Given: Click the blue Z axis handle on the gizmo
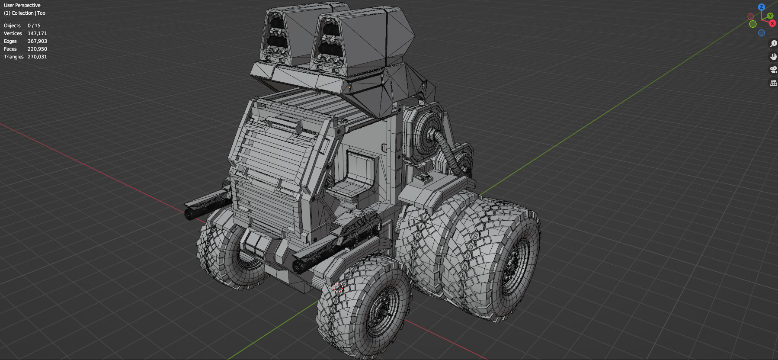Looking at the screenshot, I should click(x=762, y=7).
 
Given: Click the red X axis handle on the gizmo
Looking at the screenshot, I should click(x=772, y=23).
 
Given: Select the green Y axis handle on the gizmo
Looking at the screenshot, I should click(x=770, y=16).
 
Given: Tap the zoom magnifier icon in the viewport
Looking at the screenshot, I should click(x=773, y=44).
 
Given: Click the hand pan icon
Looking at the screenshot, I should click(x=773, y=57).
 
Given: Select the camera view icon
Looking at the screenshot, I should click(x=773, y=70).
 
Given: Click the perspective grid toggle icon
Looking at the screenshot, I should click(x=773, y=83).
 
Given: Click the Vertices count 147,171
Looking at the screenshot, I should click(x=37, y=33).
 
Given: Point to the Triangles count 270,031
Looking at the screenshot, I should click(x=37, y=57).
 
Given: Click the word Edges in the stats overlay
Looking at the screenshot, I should click(x=10, y=41).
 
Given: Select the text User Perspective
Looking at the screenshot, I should click(x=22, y=5).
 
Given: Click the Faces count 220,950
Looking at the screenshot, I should click(x=37, y=49).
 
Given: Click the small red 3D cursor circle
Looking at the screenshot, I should click(x=339, y=287).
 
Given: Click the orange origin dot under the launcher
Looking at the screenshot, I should click(x=349, y=87).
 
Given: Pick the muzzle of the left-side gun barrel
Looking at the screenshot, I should click(x=189, y=214).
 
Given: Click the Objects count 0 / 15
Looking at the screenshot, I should click(x=34, y=26).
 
